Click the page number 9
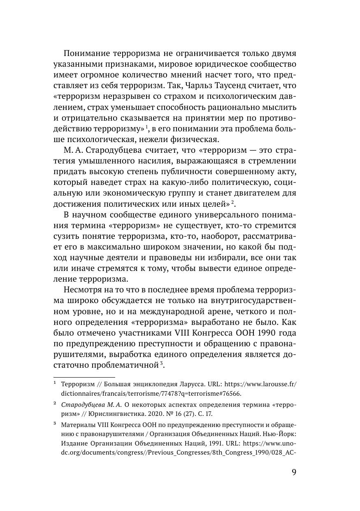click(293, 472)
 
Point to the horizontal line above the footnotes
click(84, 376)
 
